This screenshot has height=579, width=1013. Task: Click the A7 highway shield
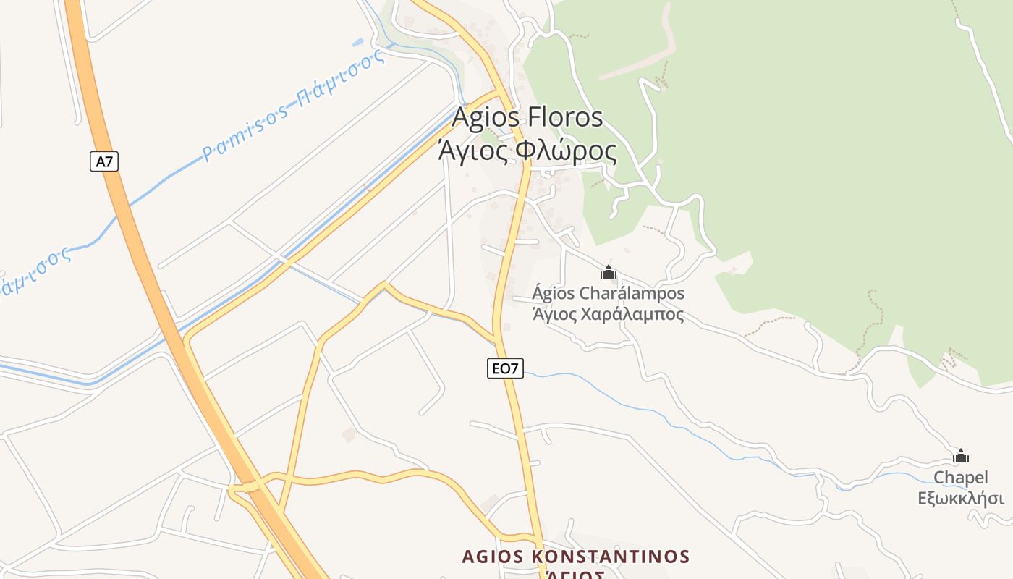104,161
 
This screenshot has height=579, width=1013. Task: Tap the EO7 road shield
505,368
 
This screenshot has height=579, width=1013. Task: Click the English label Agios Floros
527,117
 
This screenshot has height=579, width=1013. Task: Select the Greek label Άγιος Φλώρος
527,151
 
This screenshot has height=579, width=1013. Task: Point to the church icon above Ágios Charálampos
609,272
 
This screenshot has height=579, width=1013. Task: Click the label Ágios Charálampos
608,294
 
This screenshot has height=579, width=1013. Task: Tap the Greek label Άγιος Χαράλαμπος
608,315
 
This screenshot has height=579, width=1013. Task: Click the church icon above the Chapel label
961,456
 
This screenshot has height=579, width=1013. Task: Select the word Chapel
961,478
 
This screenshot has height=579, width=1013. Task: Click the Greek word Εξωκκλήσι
961,499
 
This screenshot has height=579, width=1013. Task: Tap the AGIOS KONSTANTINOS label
575,557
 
